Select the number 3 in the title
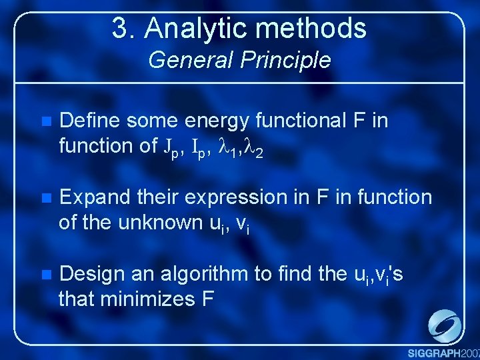(x=121, y=29)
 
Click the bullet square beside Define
(x=45, y=122)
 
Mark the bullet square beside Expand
(x=45, y=198)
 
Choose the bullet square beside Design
(x=45, y=275)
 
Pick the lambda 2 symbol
(x=256, y=147)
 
